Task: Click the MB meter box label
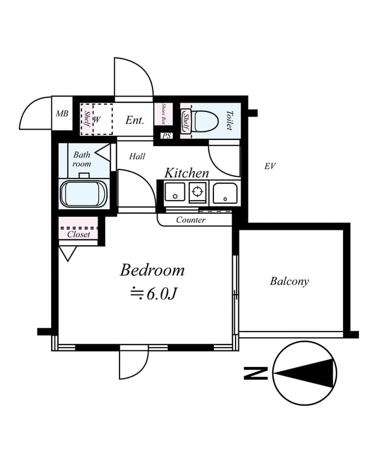62,113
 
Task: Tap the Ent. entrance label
135,120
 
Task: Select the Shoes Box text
163,114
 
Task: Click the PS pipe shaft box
167,135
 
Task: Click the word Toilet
230,120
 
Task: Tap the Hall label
137,156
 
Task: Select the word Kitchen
187,173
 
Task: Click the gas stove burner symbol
197,192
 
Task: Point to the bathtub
84,193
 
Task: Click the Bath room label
81,159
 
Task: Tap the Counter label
191,220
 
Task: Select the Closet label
79,234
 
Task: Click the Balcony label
289,281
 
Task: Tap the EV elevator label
270,166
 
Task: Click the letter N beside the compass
255,373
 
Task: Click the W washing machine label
97,119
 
